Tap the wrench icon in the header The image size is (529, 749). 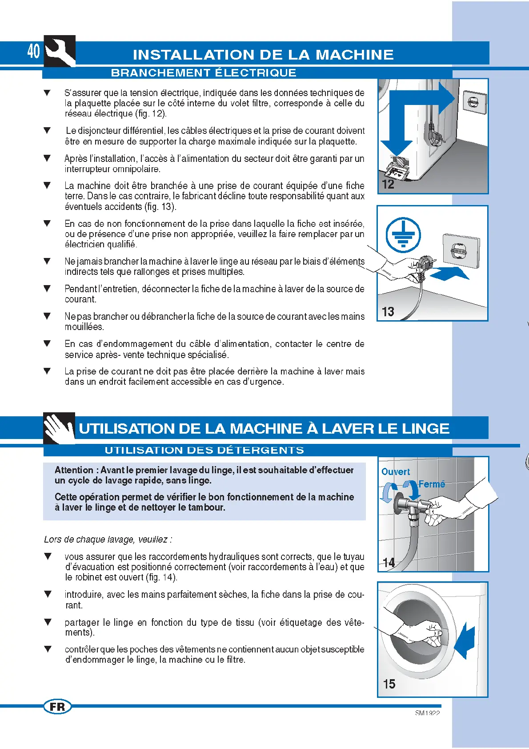[x=60, y=51]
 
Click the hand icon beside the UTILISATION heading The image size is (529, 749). [x=59, y=428]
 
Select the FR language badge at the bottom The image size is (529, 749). [x=57, y=707]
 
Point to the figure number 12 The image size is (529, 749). [x=388, y=184]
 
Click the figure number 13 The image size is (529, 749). [x=388, y=312]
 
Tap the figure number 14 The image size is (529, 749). [x=389, y=563]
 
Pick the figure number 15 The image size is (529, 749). [x=389, y=684]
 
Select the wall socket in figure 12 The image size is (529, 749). [x=474, y=103]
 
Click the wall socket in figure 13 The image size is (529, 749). [x=461, y=250]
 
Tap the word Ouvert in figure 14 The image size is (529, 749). [x=396, y=472]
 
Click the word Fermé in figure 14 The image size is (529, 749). [x=432, y=484]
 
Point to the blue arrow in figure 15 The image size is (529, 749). [x=465, y=640]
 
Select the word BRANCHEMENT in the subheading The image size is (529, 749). [x=160, y=73]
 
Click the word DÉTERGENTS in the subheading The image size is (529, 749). [x=260, y=450]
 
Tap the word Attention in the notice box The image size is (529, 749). [x=74, y=470]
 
